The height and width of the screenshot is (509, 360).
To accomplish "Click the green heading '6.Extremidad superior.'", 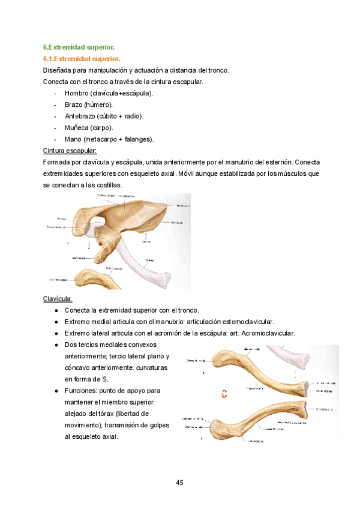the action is point(78,47).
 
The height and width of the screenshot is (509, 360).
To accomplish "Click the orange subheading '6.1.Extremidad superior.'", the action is point(82,59).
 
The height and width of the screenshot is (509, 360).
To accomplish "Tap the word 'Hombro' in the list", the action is point(77,94).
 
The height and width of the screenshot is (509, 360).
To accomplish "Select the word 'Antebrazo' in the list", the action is point(80,116).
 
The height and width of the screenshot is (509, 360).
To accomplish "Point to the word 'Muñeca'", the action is point(76,128).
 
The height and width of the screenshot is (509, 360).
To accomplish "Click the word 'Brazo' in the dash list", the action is point(74,105).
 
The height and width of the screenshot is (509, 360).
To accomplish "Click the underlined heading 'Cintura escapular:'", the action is point(70,151).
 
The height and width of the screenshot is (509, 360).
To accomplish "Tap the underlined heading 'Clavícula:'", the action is point(58,298).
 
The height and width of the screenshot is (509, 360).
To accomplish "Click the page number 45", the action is point(180,483).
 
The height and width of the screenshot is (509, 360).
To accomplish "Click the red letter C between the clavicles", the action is point(224,394).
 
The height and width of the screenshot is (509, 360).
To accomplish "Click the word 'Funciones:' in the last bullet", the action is point(82,391).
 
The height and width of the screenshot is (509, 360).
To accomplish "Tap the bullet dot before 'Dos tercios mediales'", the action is point(56,345).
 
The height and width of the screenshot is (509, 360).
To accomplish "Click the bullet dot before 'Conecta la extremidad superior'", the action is point(56,310).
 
